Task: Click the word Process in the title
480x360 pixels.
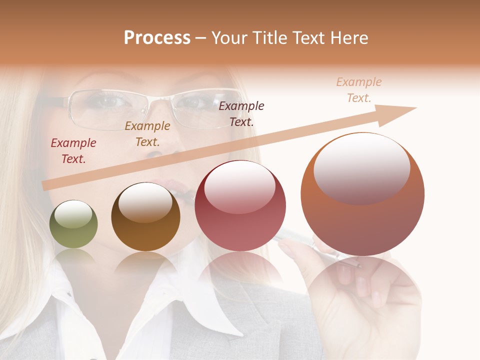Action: coord(157,38)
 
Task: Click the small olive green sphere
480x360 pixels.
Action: coord(73,224)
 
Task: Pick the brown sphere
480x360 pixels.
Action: coord(145,217)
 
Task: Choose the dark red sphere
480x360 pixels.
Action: coord(240,206)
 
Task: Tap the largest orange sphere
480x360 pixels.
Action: coord(362,194)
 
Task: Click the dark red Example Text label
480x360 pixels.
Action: coord(73,151)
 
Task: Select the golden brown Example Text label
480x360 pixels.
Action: coord(147,134)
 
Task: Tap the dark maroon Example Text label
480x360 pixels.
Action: coord(241,113)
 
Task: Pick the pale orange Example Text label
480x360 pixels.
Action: coord(359,90)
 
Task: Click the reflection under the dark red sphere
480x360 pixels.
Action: coord(240,270)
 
